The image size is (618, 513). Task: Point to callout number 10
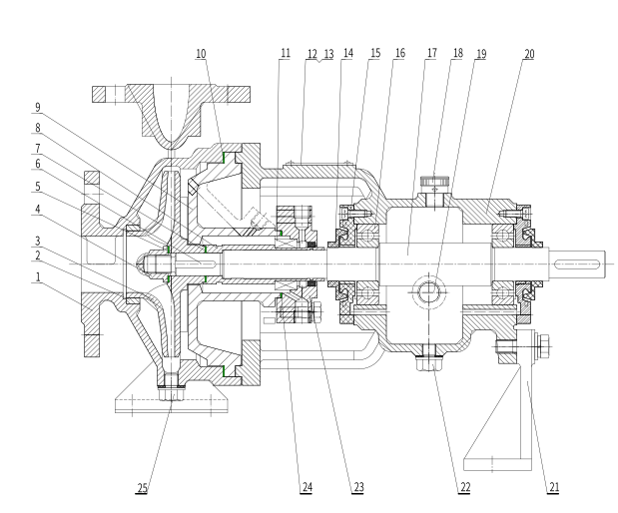point(201,52)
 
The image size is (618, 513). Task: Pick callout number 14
point(345,52)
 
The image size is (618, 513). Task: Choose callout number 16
point(398,52)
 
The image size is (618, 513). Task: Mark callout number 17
point(430,52)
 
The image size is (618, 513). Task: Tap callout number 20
point(528,52)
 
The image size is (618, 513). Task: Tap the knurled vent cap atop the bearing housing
point(434,183)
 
